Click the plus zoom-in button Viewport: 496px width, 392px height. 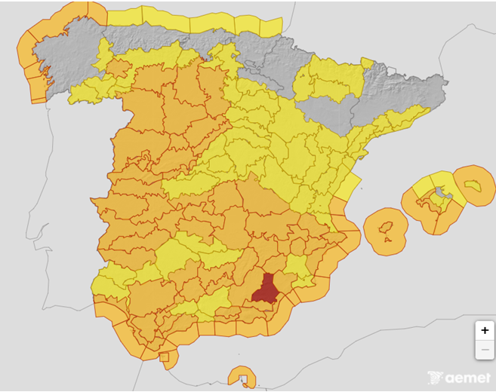click(485, 330)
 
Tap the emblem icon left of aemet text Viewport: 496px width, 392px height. click(434, 377)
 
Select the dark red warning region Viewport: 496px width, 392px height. click(265, 289)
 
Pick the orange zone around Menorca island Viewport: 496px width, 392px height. click(474, 185)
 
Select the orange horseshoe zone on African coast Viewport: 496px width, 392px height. click(242, 375)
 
